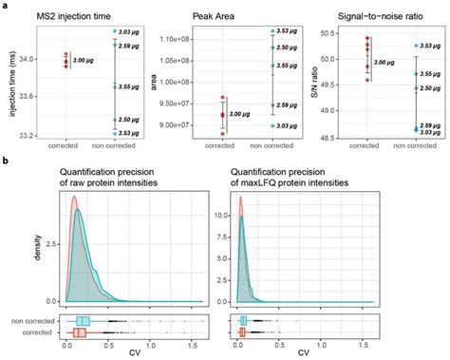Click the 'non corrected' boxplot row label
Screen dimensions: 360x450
pyautogui.click(x=36, y=320)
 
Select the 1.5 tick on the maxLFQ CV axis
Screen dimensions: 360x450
pyautogui.click(x=409, y=346)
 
